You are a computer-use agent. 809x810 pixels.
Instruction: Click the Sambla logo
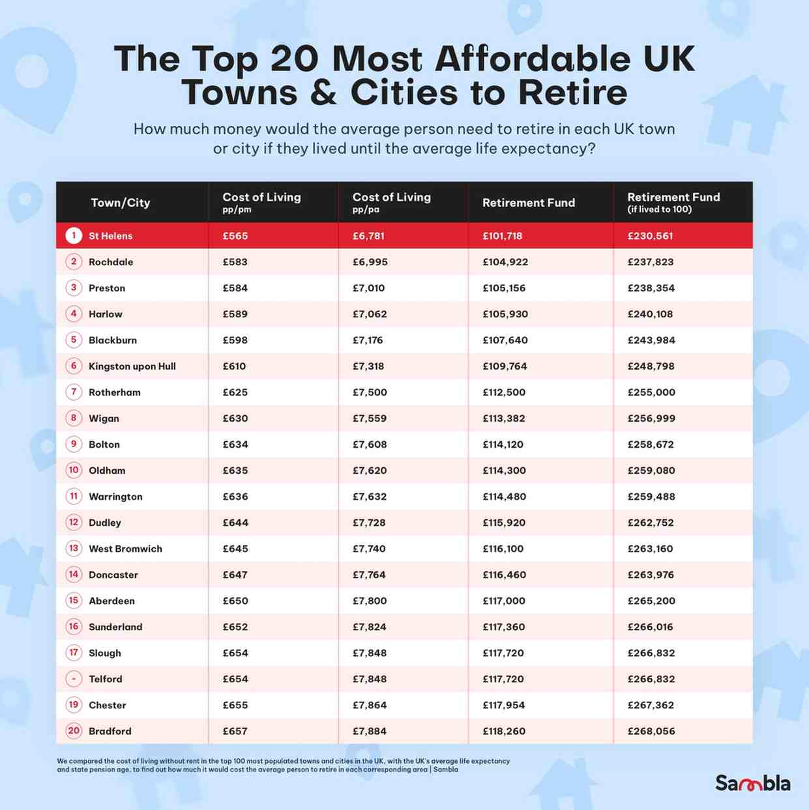click(x=752, y=783)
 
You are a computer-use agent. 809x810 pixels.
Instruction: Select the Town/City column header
click(x=121, y=203)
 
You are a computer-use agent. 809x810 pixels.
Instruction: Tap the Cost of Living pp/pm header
click(x=261, y=202)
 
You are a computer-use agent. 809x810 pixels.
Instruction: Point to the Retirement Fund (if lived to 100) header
click(x=673, y=202)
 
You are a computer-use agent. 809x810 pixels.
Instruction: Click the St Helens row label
click(x=110, y=236)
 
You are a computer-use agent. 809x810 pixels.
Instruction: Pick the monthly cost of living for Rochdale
click(x=235, y=262)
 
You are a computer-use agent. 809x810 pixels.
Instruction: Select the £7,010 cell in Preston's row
click(x=368, y=288)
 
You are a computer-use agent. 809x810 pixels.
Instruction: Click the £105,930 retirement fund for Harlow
click(x=505, y=314)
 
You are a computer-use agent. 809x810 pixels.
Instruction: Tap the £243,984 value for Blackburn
click(x=651, y=340)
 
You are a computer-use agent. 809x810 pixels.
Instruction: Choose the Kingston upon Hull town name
click(x=132, y=366)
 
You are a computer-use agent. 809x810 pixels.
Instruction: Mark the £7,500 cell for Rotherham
click(x=370, y=392)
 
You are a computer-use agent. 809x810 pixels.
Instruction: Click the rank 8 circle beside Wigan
click(x=74, y=418)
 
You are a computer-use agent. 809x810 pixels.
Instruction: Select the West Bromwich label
click(x=125, y=549)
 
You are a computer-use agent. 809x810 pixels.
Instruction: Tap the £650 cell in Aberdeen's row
click(x=235, y=601)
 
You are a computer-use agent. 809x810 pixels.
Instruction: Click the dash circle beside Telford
click(x=74, y=678)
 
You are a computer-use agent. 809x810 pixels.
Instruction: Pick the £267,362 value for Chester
click(x=651, y=705)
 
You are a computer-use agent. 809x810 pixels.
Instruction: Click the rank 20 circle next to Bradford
click(x=74, y=730)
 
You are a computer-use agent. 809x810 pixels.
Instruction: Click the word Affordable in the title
click(x=532, y=59)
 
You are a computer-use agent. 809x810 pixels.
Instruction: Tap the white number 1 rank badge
click(x=74, y=235)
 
